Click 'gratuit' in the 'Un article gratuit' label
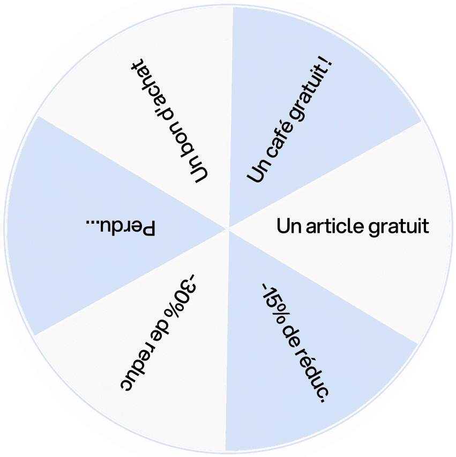coord(399,227)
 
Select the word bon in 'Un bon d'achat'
coord(180,137)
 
